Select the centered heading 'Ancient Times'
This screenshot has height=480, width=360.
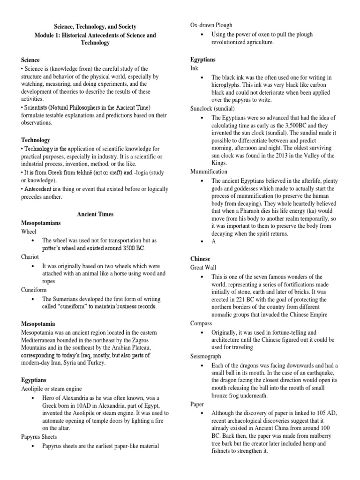click(95, 214)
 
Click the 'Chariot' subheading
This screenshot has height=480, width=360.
click(30, 257)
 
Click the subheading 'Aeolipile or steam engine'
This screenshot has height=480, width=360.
click(52, 389)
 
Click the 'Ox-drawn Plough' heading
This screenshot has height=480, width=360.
click(211, 25)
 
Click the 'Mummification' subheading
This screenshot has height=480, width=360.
click(209, 172)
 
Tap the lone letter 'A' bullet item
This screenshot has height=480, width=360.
click(214, 242)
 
